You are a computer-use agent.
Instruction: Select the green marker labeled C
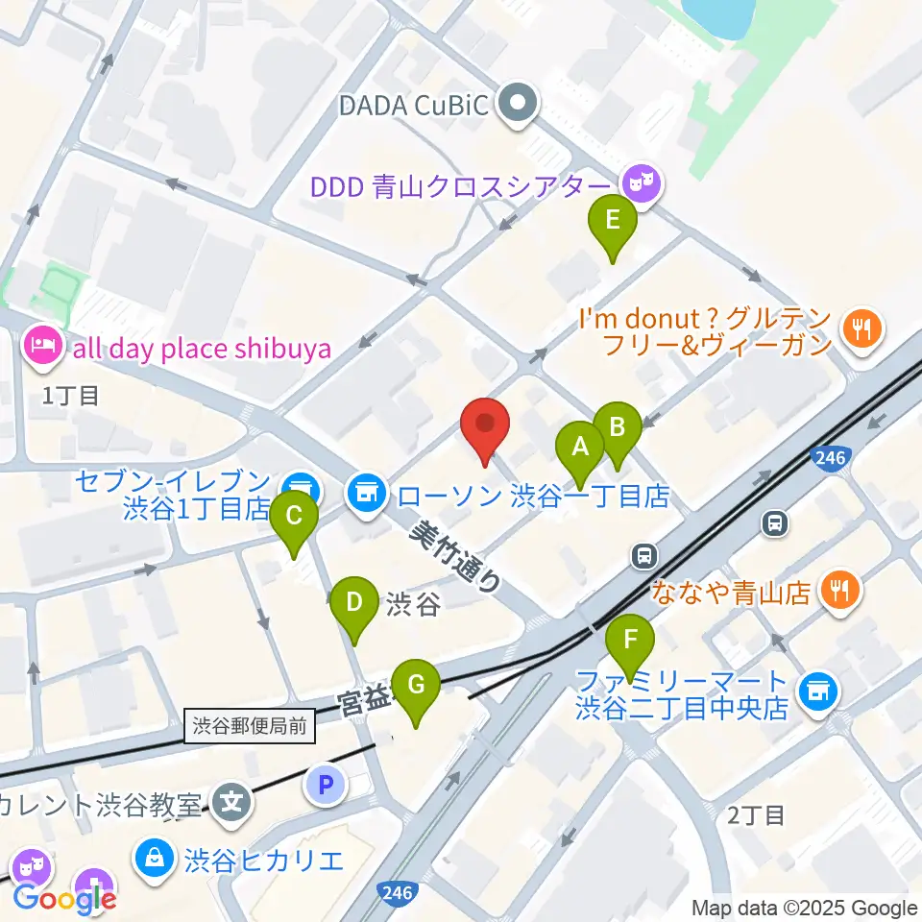[x=294, y=517]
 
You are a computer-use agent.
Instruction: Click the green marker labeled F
[x=631, y=641]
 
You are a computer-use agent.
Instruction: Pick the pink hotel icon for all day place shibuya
[x=43, y=343]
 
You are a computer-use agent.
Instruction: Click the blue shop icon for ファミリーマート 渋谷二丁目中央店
[x=817, y=689]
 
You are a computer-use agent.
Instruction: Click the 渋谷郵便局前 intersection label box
[x=250, y=726]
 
